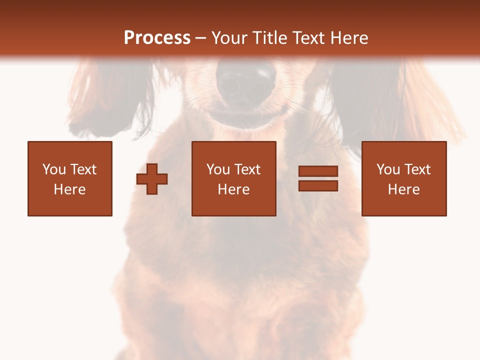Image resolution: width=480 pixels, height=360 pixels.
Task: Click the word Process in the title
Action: pyautogui.click(x=157, y=38)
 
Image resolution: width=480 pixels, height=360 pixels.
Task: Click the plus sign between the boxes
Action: pyautogui.click(x=152, y=179)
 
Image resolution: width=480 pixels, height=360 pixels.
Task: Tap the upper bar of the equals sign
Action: pyautogui.click(x=318, y=171)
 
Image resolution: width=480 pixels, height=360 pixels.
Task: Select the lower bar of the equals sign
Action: pyautogui.click(x=318, y=185)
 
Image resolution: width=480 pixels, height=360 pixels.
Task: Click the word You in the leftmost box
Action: pyautogui.click(x=54, y=169)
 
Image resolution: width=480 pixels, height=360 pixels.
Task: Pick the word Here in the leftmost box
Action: pyautogui.click(x=69, y=189)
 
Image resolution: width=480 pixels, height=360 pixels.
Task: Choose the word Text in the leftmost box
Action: pyautogui.click(x=82, y=169)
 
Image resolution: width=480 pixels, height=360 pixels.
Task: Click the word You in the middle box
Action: pyautogui.click(x=218, y=169)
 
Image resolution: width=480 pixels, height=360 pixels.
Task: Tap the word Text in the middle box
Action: pyautogui.click(x=246, y=169)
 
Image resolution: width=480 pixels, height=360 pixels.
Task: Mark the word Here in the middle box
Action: pyautogui.click(x=233, y=189)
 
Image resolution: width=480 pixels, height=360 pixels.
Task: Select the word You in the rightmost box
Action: pyautogui.click(x=388, y=169)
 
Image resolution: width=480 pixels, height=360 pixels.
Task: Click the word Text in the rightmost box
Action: pyautogui.click(x=416, y=169)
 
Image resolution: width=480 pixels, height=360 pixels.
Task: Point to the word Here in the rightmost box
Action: pyautogui.click(x=403, y=189)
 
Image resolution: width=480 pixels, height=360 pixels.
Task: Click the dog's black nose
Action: pyautogui.click(x=245, y=82)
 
